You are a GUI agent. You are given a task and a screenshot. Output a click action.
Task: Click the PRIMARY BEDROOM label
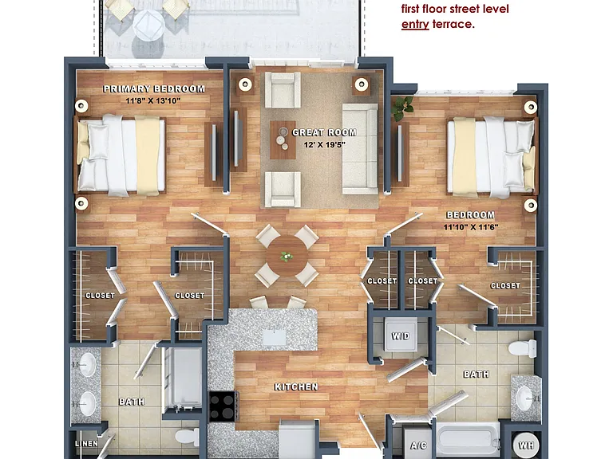point(153,89)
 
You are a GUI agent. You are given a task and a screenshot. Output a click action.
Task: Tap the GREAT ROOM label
point(324,133)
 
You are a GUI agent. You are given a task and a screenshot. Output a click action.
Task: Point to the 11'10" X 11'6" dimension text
point(471,227)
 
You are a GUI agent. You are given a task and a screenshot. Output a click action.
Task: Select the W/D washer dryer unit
point(401,335)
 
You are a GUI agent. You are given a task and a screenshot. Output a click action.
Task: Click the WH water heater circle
point(526,445)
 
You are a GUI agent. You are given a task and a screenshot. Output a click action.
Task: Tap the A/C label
point(418,445)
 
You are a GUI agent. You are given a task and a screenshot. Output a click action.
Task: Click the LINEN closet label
point(86,443)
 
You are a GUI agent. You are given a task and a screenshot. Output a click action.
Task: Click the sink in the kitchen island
point(274,337)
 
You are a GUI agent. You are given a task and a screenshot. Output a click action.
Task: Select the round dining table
point(287,257)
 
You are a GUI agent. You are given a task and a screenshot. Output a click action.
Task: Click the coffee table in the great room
point(283,139)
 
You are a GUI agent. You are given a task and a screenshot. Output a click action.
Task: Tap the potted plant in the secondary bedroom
point(402,108)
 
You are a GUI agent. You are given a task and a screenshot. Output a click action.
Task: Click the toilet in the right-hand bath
point(523,347)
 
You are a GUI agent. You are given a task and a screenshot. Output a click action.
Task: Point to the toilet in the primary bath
point(187,437)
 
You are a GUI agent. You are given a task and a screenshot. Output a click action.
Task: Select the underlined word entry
point(415,24)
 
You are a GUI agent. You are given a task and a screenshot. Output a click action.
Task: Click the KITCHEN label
point(296,386)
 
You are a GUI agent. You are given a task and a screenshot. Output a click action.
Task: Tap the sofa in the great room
point(360,149)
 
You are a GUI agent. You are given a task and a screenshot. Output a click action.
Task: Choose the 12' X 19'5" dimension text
point(325,145)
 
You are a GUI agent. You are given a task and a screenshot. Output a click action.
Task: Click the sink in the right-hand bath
point(524,398)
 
